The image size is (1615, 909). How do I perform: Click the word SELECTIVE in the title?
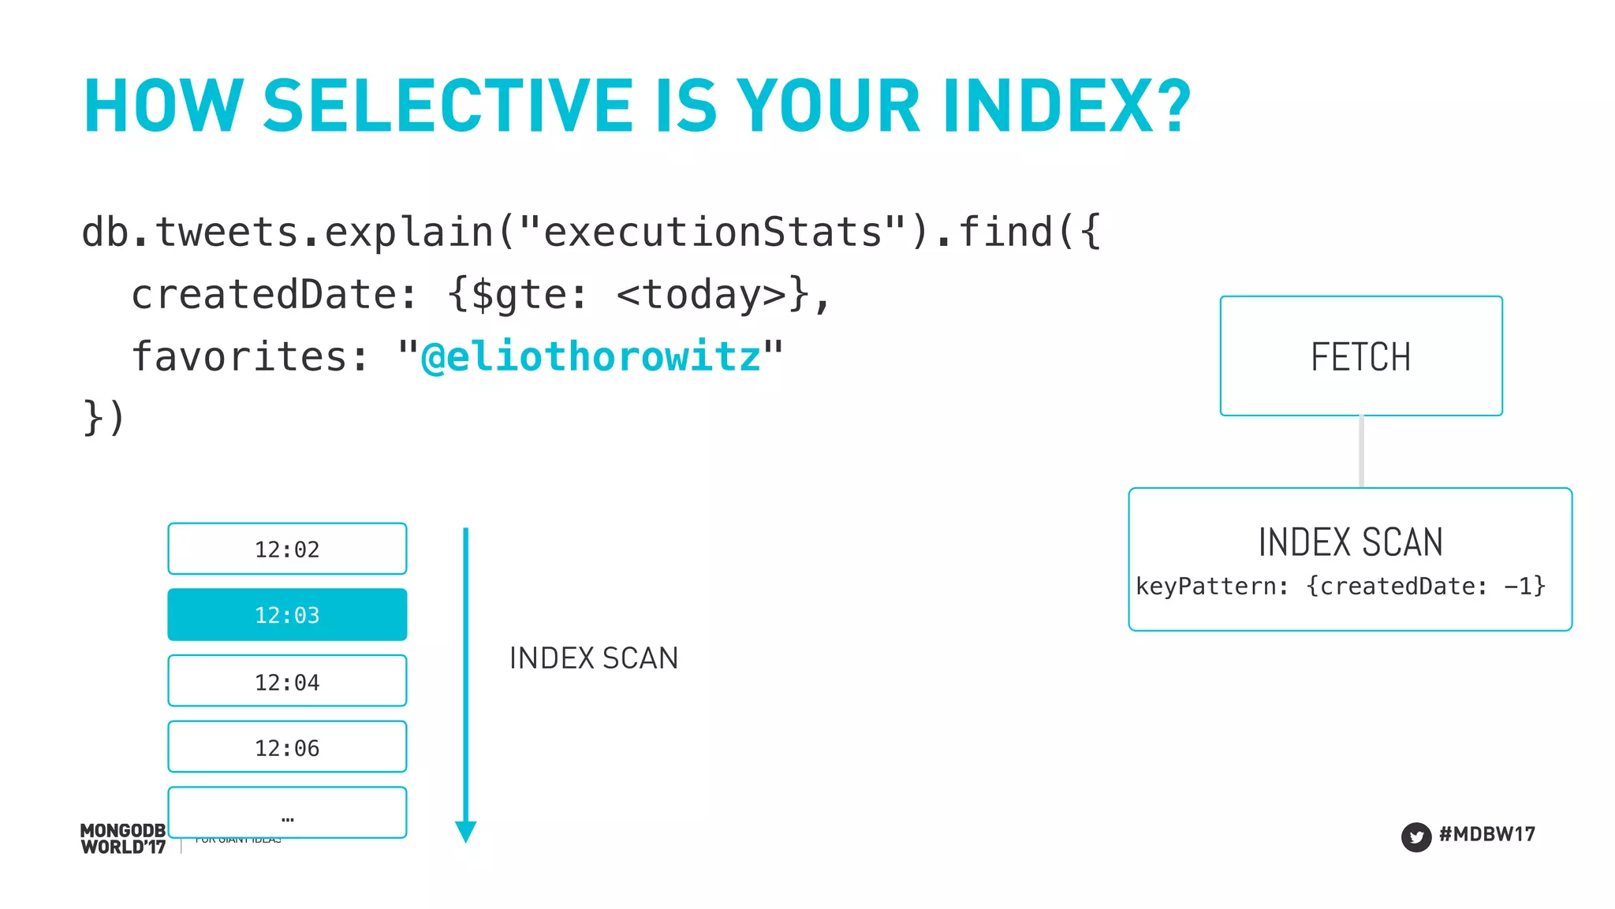click(448, 106)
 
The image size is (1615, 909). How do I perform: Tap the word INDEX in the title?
click(1049, 106)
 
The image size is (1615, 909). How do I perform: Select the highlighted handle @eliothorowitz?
click(591, 356)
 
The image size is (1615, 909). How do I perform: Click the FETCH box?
click(1361, 356)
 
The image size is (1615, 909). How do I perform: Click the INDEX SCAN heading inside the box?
click(1350, 542)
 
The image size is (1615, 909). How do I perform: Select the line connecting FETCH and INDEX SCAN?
click(1362, 452)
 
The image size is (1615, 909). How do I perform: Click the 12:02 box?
click(287, 549)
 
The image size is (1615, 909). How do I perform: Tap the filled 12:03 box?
click(287, 615)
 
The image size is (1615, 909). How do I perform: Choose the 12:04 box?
click(287, 681)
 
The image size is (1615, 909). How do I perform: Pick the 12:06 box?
click(287, 747)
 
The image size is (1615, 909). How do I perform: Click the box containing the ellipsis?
click(287, 812)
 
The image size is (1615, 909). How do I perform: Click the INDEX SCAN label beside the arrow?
click(594, 658)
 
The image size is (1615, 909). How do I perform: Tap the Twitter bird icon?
click(1416, 837)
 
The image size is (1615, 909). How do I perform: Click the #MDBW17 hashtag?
click(1487, 834)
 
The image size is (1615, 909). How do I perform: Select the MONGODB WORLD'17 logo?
click(123, 839)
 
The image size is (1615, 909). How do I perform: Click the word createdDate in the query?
click(263, 295)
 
